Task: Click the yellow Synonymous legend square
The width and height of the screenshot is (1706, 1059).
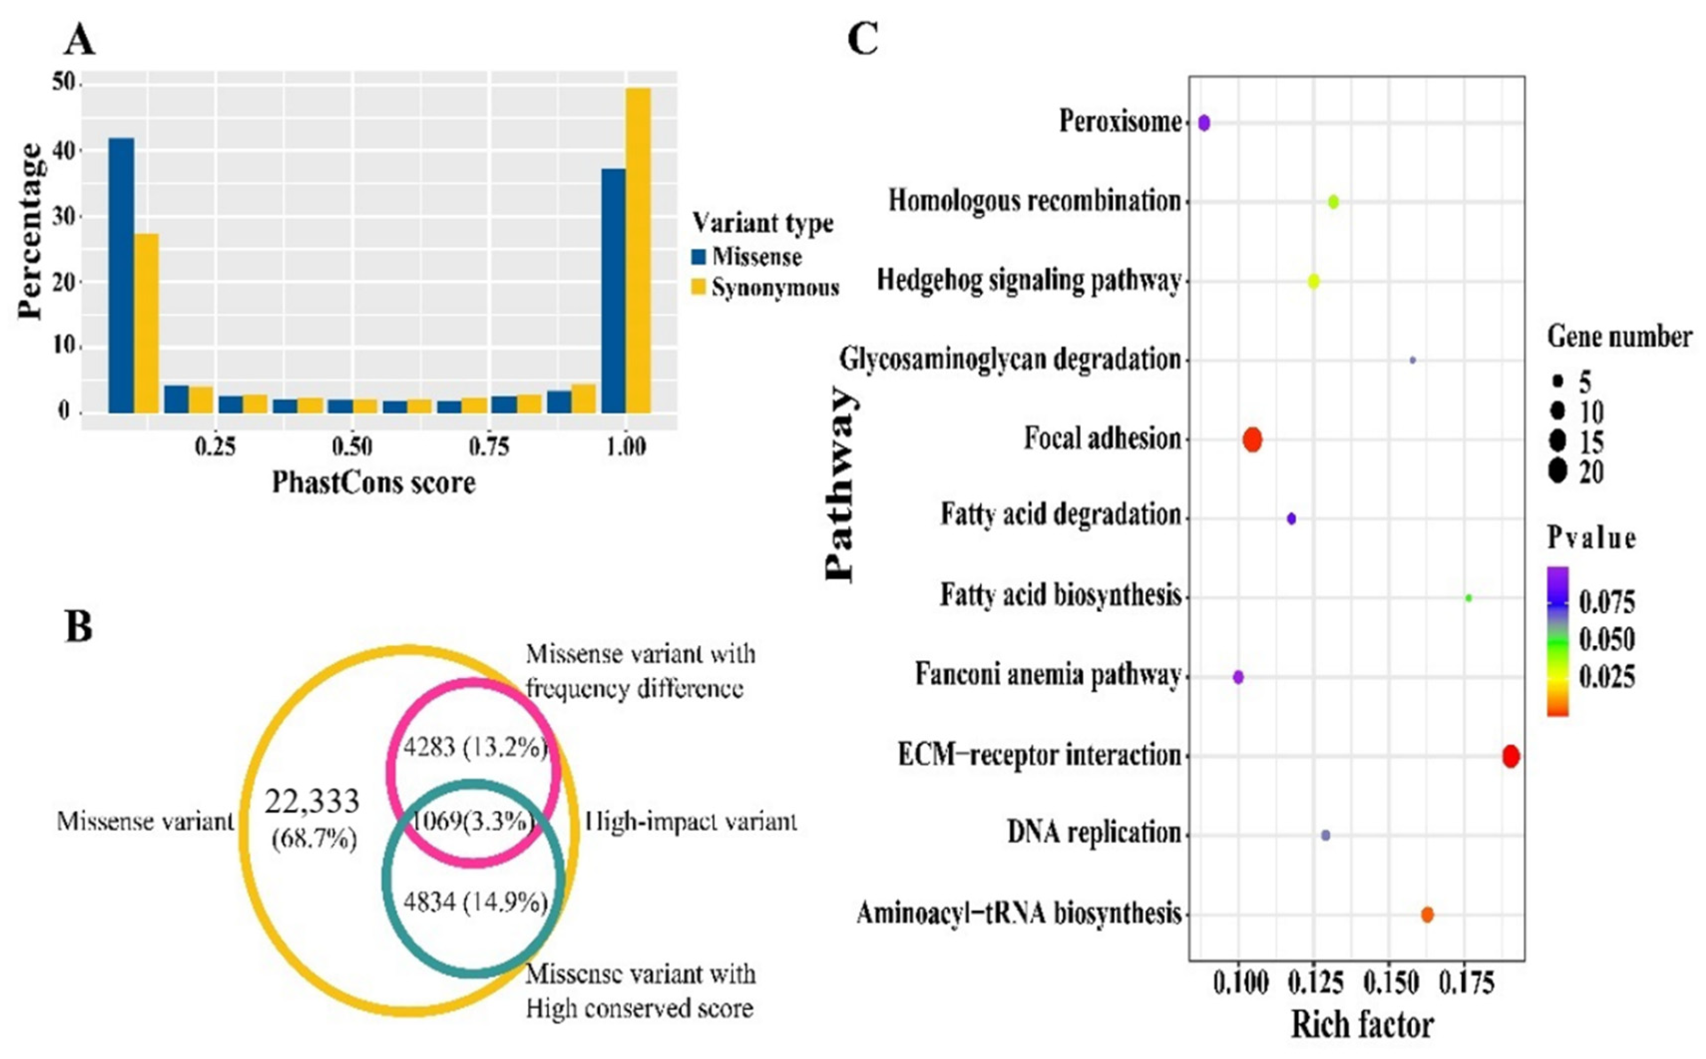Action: click(x=698, y=287)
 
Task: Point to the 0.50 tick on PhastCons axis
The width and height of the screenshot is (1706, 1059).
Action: click(x=352, y=446)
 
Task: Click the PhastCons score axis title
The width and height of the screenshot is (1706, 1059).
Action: click(x=374, y=483)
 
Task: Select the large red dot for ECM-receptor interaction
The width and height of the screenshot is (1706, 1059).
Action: click(x=1511, y=756)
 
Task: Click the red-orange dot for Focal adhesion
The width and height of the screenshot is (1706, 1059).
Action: click(x=1252, y=440)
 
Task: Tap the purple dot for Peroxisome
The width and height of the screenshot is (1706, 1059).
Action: click(x=1204, y=123)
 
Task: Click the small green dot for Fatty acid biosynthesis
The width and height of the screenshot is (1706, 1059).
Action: click(x=1469, y=598)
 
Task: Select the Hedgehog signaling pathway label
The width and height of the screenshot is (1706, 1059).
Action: click(x=1029, y=281)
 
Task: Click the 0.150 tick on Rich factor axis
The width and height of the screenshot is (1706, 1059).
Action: click(x=1390, y=983)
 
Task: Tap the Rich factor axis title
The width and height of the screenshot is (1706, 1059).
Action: click(x=1362, y=1025)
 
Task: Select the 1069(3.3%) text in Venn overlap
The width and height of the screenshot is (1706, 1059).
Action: click(x=472, y=820)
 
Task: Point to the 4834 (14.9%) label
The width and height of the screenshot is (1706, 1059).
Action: click(x=475, y=901)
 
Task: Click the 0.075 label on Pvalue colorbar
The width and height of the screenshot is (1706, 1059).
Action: click(x=1607, y=602)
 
